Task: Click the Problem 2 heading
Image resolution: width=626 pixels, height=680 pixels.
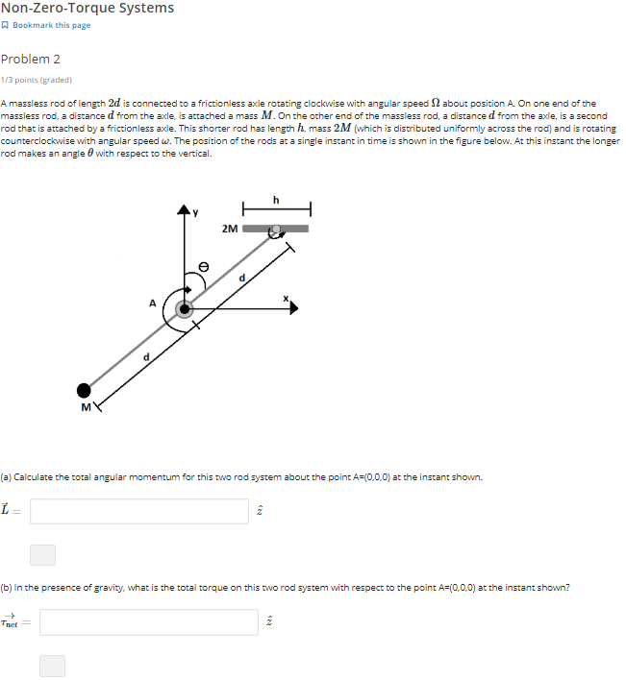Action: click(31, 59)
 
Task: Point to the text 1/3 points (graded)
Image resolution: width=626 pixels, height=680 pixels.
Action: click(37, 80)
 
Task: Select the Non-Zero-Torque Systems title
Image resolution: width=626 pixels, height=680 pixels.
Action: click(88, 9)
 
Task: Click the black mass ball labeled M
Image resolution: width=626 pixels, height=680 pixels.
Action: click(85, 390)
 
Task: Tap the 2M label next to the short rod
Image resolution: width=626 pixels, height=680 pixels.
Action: click(230, 229)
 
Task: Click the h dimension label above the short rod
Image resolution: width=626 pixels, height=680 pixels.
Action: click(276, 200)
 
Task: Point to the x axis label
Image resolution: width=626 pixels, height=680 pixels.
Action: click(286, 299)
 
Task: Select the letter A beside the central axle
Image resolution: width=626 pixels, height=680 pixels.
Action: click(152, 303)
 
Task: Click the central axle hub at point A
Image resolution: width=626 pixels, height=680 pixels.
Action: click(184, 309)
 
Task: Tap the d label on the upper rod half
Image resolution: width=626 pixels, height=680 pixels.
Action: click(242, 278)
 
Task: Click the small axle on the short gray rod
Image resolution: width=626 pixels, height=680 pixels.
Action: click(277, 230)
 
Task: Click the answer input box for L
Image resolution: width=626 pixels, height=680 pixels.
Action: click(139, 511)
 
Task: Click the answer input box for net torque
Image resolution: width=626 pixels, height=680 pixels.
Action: click(149, 622)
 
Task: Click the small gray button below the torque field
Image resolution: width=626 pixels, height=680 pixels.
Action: click(52, 666)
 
